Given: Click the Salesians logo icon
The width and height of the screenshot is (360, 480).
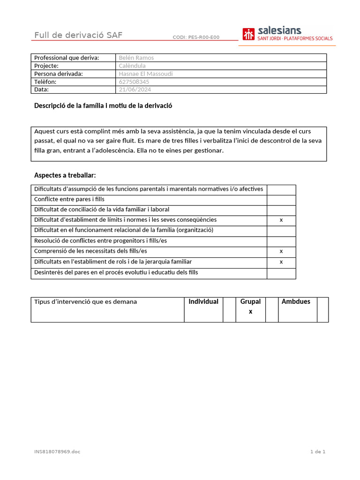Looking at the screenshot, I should (248, 34).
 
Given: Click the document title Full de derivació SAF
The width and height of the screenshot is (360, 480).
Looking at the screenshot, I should (78, 36).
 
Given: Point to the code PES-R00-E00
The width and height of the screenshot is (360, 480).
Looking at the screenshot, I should (196, 37).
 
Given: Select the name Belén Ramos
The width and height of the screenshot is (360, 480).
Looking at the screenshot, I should (136, 58).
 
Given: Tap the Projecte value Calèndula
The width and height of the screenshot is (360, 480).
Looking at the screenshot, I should (132, 66).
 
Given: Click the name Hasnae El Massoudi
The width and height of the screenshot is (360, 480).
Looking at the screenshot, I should (146, 74).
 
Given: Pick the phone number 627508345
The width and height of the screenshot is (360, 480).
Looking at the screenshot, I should (134, 82).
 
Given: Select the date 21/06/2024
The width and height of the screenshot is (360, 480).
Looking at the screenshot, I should (135, 90).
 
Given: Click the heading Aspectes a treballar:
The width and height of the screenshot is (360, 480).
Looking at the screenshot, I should (65, 175).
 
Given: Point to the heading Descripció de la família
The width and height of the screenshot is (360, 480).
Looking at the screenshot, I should (103, 105).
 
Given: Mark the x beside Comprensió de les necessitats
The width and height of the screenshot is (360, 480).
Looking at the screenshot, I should (281, 252).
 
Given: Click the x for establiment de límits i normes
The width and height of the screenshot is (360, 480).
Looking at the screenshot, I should (281, 220).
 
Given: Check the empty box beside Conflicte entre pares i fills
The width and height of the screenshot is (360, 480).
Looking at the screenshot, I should (281, 200).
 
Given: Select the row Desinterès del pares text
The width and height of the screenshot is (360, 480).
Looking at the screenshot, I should (116, 272).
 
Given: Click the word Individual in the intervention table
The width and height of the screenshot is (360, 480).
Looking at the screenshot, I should (203, 301).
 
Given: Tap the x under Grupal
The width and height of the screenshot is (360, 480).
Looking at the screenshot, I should (250, 311).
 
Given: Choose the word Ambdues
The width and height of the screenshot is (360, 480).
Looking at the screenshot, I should (296, 301).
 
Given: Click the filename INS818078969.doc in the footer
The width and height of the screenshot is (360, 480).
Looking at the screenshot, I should (57, 452).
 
